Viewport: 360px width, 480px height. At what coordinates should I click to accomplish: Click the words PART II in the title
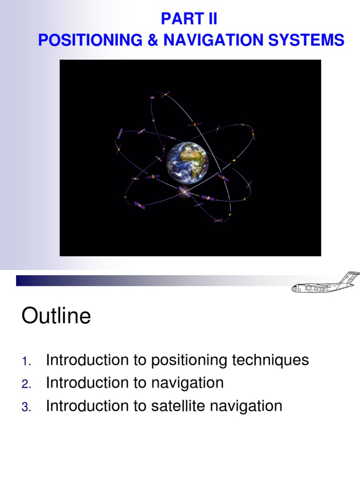[189, 19]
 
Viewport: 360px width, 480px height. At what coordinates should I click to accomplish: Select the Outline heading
[56, 316]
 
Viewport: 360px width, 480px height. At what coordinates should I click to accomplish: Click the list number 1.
[26, 361]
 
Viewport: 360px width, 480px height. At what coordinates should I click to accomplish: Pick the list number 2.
[26, 384]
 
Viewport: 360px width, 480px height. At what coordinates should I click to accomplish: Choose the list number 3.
[26, 407]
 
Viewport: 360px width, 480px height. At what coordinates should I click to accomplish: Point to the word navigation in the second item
[187, 383]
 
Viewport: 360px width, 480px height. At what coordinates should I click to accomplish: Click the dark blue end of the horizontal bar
[23, 280]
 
